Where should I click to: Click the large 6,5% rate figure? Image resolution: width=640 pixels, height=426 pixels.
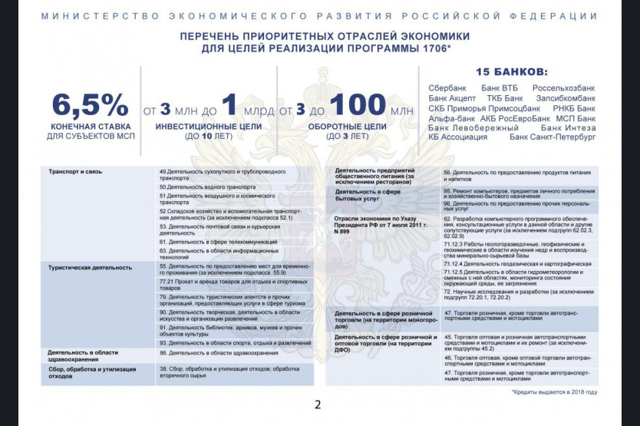click(x=91, y=106)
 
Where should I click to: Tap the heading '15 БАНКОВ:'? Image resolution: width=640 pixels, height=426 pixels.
click(x=512, y=71)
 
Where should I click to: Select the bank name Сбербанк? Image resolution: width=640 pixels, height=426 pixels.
click(x=449, y=88)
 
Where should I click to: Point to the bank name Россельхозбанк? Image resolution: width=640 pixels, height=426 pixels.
click(x=564, y=88)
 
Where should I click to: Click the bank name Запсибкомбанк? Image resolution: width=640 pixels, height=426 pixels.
click(x=566, y=98)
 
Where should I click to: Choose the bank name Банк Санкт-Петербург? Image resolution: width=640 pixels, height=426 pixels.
click(x=553, y=137)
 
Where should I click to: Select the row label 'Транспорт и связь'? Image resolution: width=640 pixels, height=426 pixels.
click(x=75, y=171)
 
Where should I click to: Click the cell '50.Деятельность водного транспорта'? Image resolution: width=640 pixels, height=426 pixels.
click(x=207, y=187)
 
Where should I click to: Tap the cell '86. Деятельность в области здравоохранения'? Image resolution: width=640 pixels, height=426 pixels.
click(x=219, y=353)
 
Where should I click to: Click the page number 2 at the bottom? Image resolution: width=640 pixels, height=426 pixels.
click(x=318, y=405)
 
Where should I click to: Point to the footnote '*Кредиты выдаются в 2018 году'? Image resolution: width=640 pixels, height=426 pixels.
click(x=553, y=391)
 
